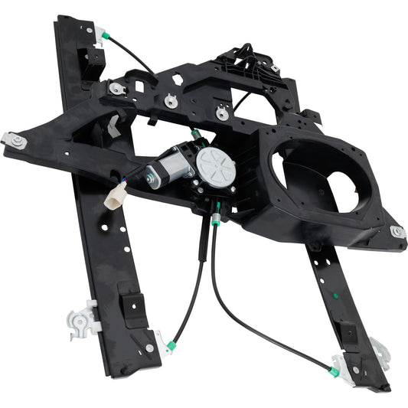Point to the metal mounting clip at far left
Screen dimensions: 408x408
click(15, 140)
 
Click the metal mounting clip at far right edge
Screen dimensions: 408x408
click(397, 231)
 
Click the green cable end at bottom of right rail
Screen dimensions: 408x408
click(335, 371)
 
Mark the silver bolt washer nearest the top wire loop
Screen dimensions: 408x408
click(222, 114)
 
